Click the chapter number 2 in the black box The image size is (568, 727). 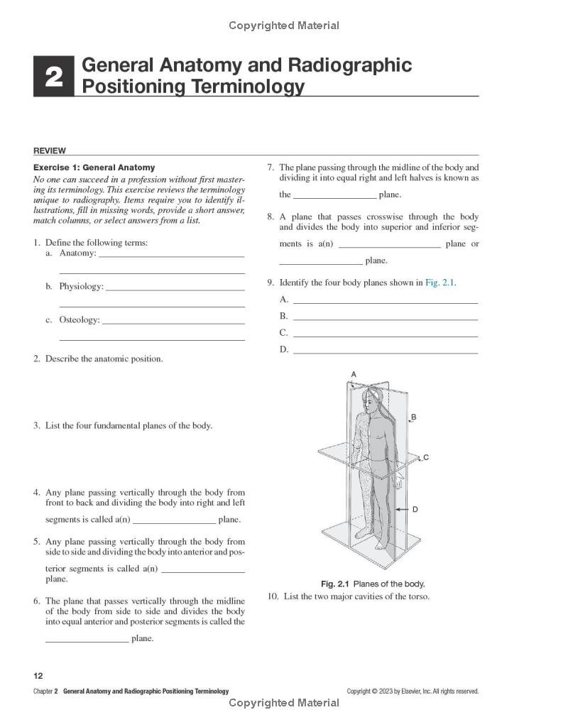[54, 77]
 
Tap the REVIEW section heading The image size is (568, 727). [49, 151]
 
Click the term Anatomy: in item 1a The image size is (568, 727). [77, 253]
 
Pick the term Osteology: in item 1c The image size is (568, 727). [80, 319]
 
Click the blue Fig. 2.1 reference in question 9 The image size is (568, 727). [440, 282]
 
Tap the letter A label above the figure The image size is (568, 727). [354, 374]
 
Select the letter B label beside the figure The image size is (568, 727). [414, 417]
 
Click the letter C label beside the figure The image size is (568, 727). [426, 458]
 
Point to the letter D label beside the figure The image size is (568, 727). [415, 509]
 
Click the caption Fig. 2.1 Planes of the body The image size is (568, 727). [373, 584]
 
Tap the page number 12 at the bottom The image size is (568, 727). [38, 676]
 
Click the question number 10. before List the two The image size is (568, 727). [273, 596]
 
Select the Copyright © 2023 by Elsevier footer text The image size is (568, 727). [413, 691]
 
